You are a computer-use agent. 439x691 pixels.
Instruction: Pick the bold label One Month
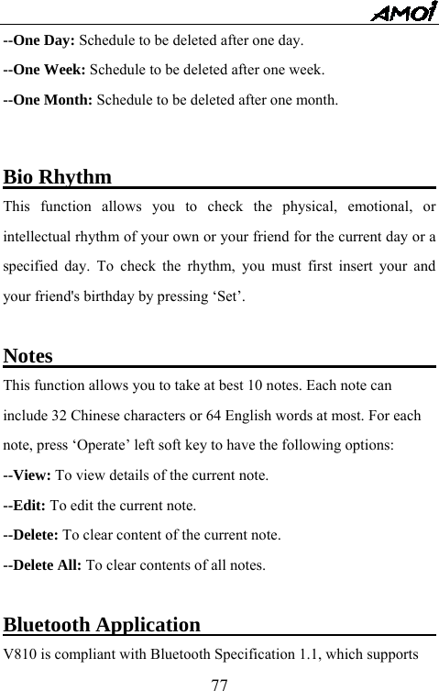click(x=53, y=97)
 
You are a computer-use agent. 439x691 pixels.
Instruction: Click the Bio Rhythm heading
click(x=59, y=175)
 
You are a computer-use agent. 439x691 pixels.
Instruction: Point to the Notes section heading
click(x=28, y=356)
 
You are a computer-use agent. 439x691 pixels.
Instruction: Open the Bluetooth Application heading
click(x=103, y=626)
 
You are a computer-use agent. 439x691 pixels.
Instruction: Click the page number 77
click(x=219, y=683)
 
